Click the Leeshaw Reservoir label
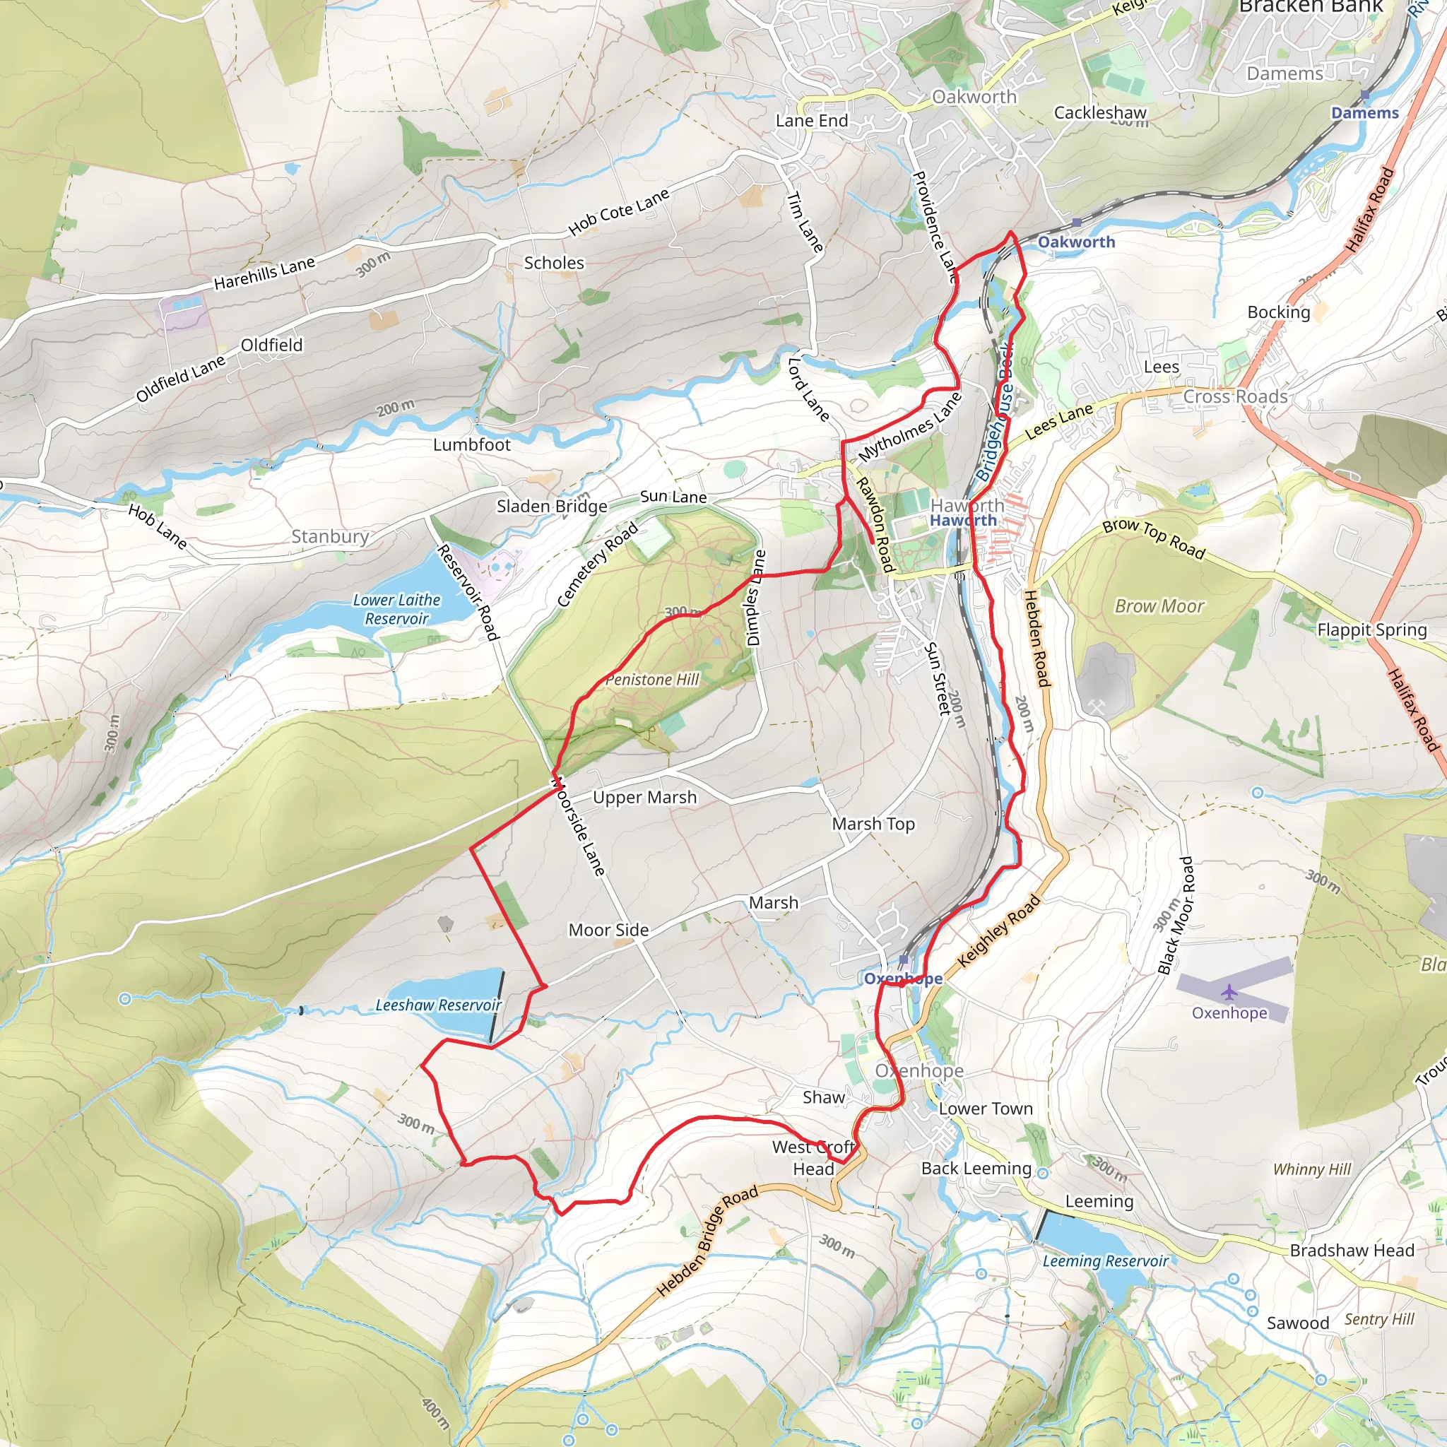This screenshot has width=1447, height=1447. pos(438,1005)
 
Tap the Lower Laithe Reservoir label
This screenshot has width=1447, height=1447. pos(396,609)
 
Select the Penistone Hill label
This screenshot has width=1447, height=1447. pos(651,679)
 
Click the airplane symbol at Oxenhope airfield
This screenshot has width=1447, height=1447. pos(1229,993)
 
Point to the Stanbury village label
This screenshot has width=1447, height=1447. pos(329,536)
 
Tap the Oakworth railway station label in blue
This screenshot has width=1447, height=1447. pos(1075,242)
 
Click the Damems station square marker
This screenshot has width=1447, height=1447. pos(1364,95)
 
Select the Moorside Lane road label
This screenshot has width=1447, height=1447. pos(577,827)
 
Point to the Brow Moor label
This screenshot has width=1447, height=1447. pos(1159,606)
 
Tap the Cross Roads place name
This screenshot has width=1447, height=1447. pos(1235,396)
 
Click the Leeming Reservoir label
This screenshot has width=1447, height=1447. pos(1105,1261)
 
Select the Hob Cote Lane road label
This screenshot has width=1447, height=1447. pos(618,213)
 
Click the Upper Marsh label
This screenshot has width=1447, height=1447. pos(644,798)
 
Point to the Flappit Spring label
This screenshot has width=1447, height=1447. pos(1372,630)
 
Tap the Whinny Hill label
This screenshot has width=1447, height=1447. pos(1311,1169)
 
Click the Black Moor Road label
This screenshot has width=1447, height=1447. pos(1176,915)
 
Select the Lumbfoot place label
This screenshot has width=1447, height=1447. pos(471,445)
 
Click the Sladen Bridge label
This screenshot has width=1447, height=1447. pos(552,507)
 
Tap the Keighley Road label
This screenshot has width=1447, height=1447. pos(998,931)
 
